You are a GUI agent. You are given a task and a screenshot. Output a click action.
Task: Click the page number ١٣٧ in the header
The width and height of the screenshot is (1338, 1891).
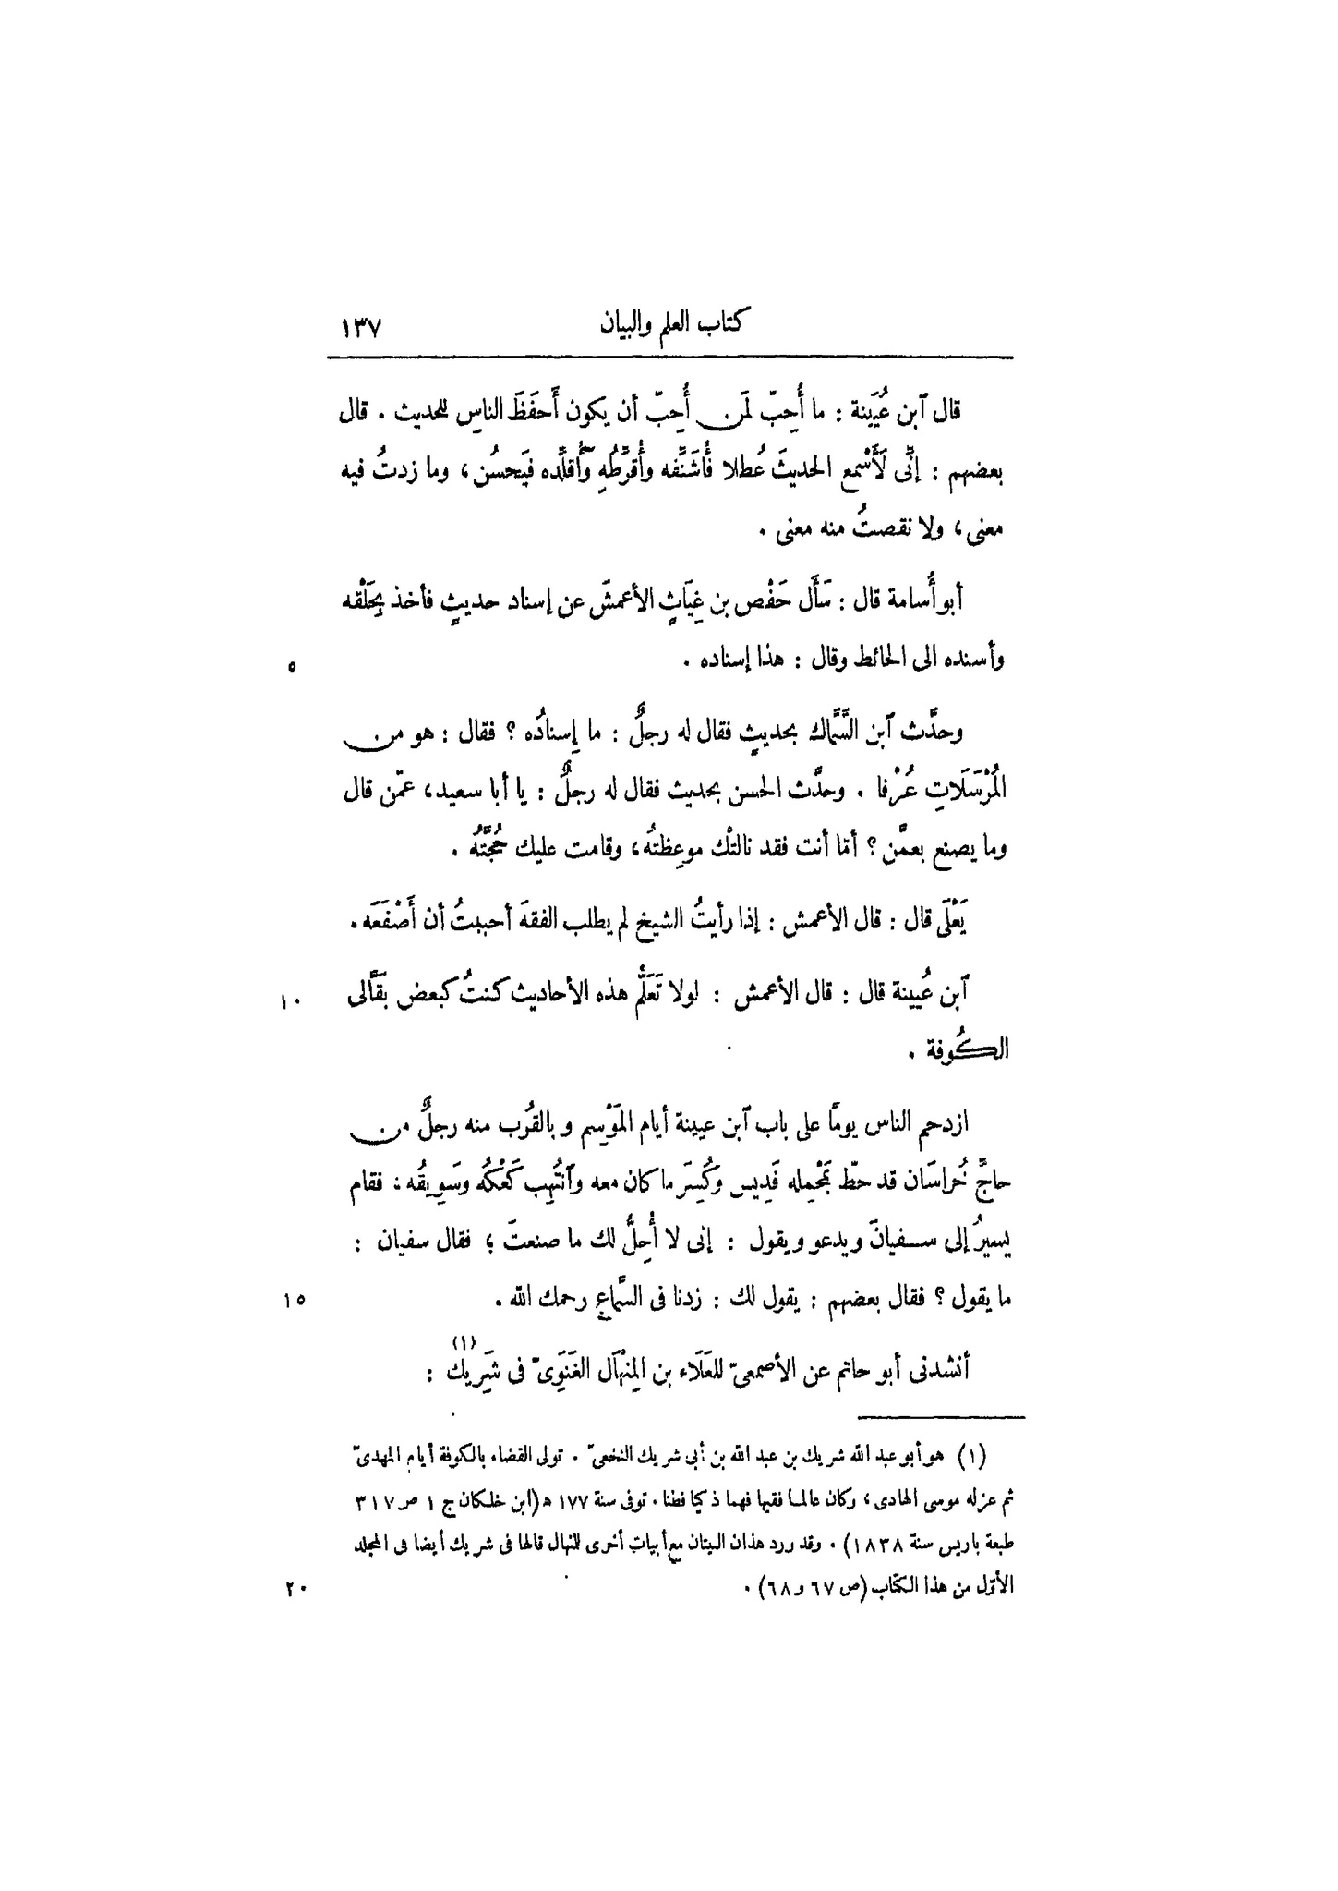tap(361, 328)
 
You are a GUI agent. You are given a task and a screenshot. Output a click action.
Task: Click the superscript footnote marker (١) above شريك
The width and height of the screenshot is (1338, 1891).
tap(462, 1341)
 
